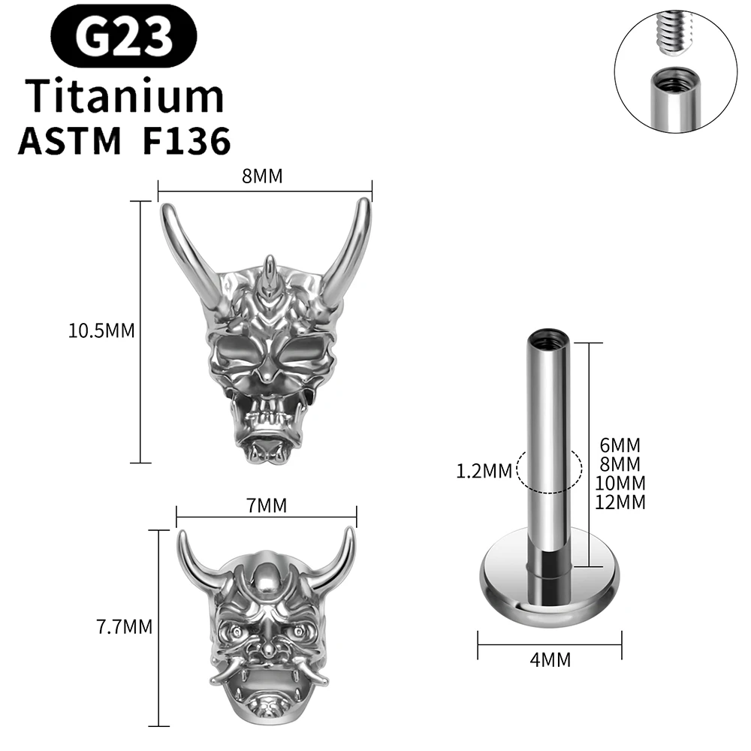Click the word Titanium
pyautogui.click(x=125, y=96)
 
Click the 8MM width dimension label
pyautogui.click(x=262, y=177)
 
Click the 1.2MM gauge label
pyautogui.click(x=483, y=472)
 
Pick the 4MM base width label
pyautogui.click(x=550, y=660)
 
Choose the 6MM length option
pyautogui.click(x=620, y=445)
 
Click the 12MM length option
pyautogui.click(x=620, y=502)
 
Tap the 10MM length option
pyautogui.click(x=620, y=483)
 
